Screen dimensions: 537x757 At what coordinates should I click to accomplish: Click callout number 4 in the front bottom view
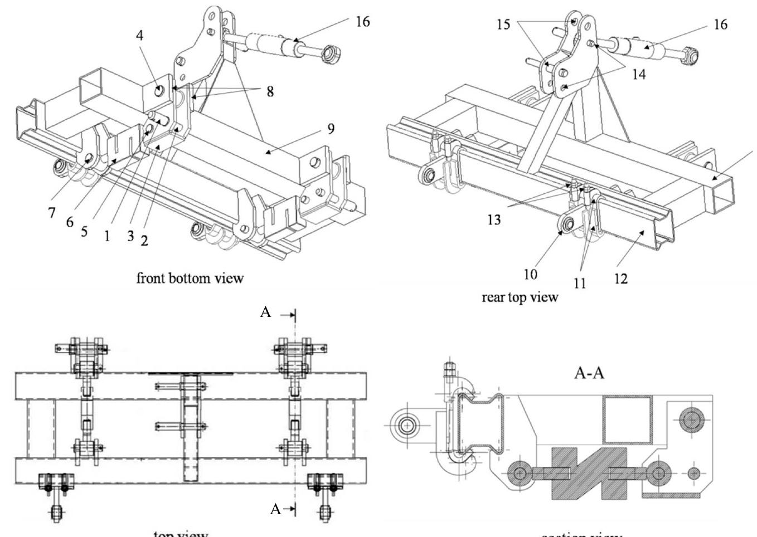[x=139, y=36]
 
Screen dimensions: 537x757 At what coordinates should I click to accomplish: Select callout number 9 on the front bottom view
[x=331, y=129]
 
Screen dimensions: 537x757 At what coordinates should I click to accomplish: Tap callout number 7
[x=51, y=213]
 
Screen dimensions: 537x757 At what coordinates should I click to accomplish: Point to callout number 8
[x=270, y=91]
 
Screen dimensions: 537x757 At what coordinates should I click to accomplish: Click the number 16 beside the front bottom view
[x=362, y=22]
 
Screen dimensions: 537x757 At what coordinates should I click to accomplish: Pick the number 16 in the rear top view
[x=720, y=25]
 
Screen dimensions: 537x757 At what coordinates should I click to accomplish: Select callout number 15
[x=503, y=25]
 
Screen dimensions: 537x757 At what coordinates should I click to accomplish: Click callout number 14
[x=639, y=74]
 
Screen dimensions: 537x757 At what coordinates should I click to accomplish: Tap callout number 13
[x=494, y=219]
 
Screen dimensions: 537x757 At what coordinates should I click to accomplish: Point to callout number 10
[x=530, y=274]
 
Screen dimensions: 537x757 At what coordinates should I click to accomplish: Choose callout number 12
[x=620, y=278]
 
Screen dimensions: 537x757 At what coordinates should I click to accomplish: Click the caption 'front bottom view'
[x=190, y=278]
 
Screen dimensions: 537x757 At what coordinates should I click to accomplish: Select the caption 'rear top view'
[x=520, y=297]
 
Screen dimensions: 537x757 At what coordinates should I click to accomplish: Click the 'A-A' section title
[x=589, y=373]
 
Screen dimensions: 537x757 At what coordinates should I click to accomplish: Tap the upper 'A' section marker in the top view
[x=266, y=313]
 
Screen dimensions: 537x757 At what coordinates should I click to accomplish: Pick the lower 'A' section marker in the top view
[x=275, y=509]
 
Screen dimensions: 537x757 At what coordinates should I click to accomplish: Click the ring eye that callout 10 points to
[x=567, y=224]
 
